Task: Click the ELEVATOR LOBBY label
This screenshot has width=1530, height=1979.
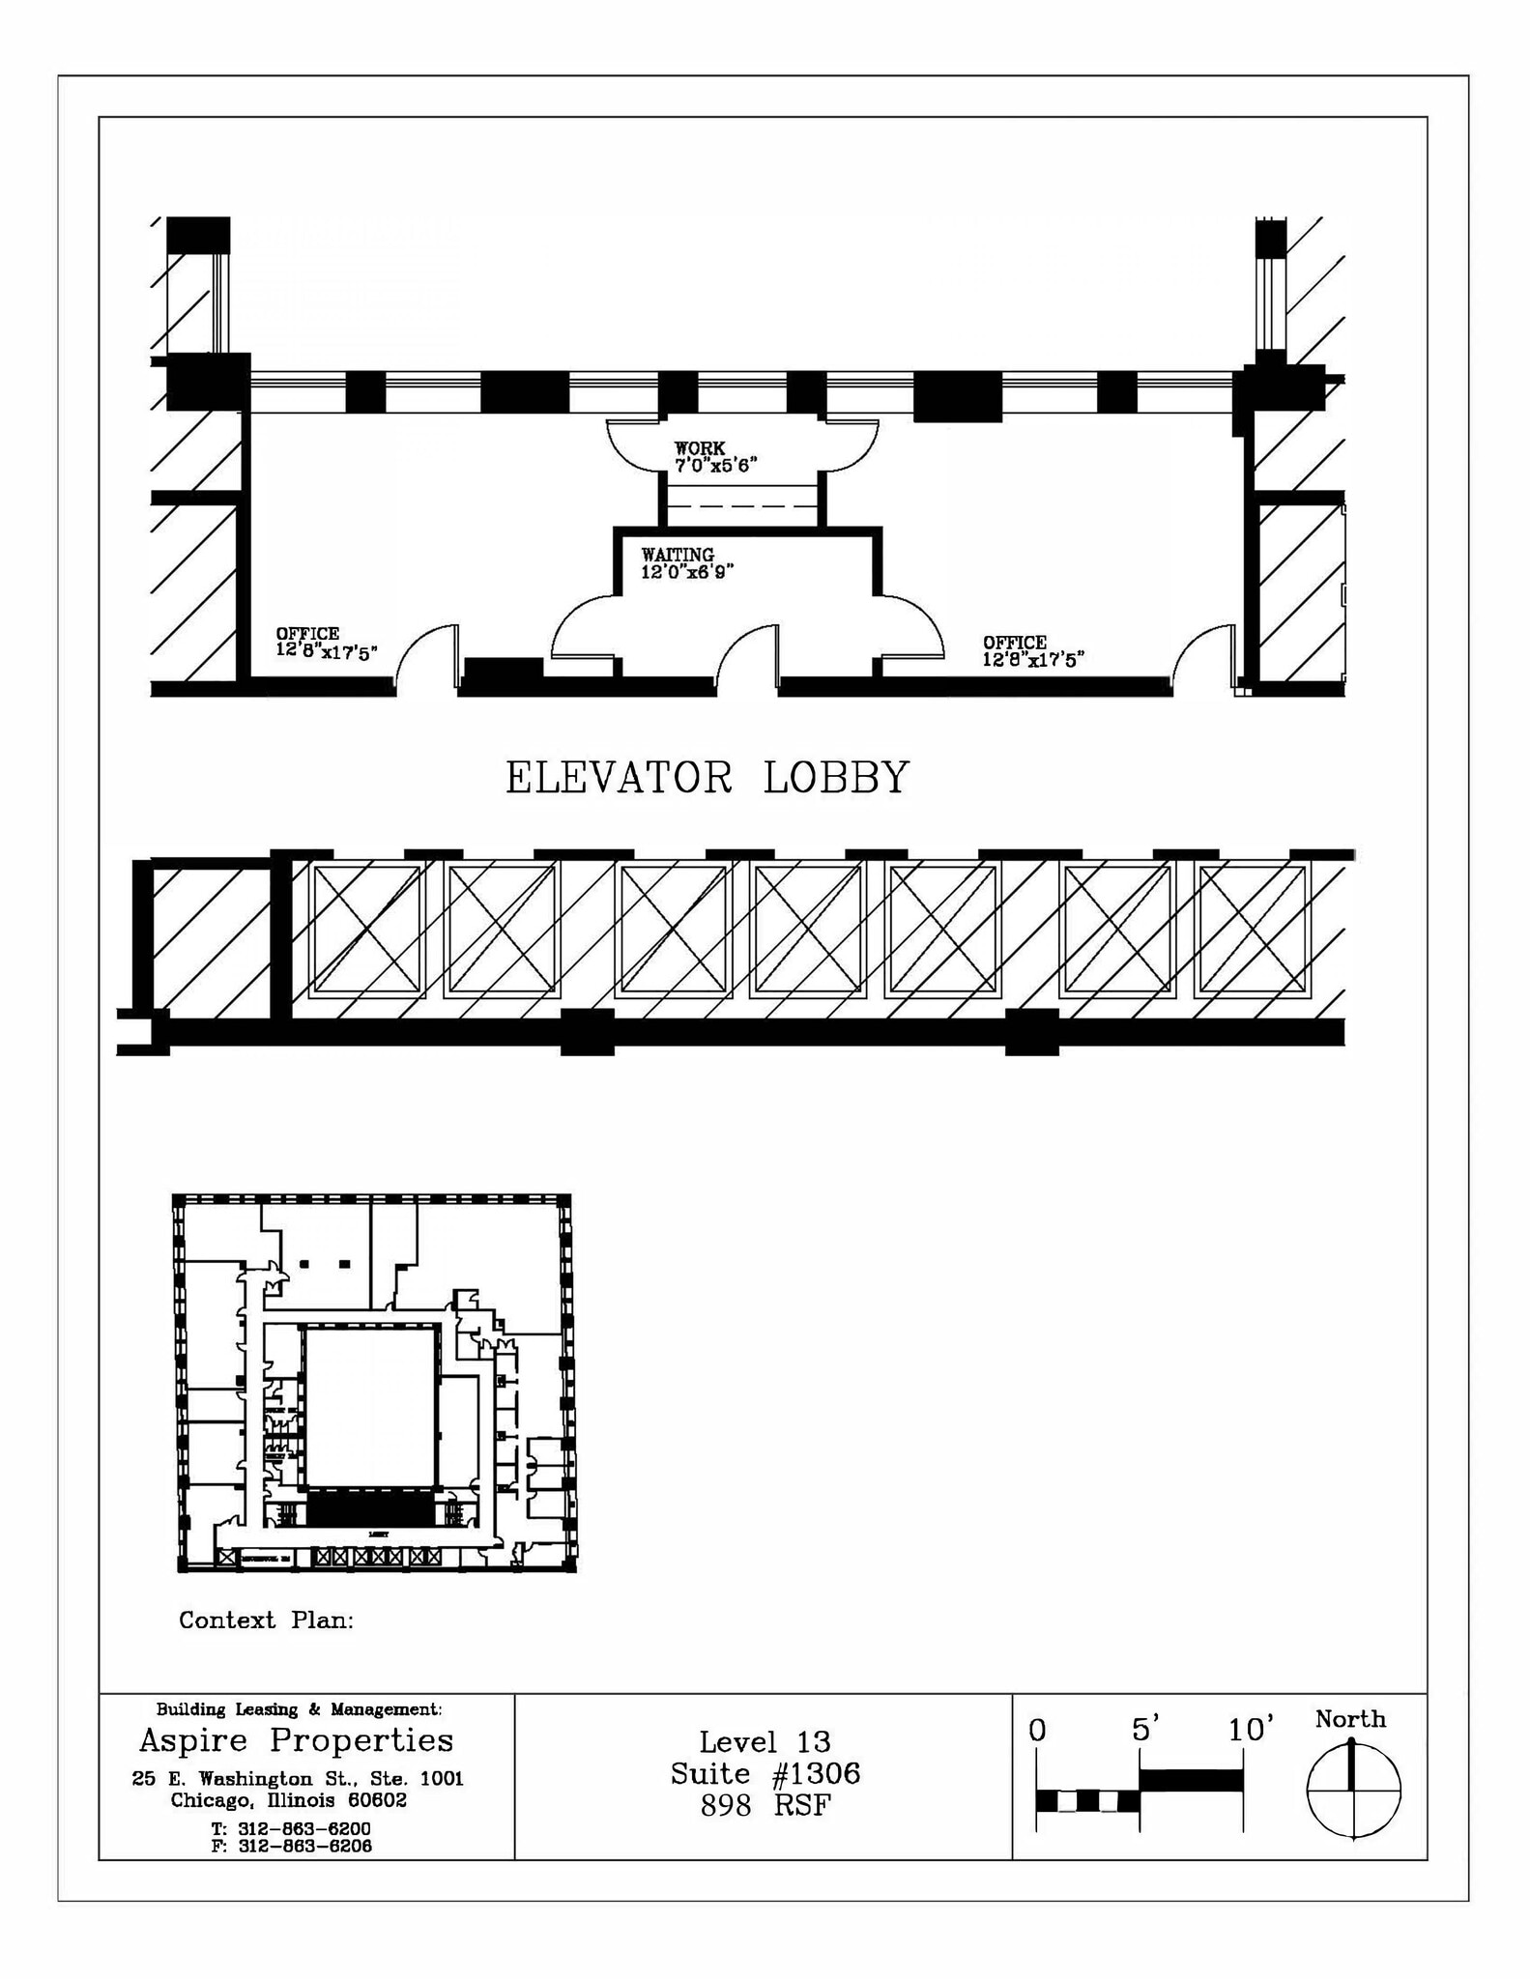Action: (x=707, y=778)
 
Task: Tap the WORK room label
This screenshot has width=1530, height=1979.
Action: (x=714, y=456)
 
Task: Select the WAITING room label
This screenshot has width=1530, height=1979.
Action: (x=686, y=562)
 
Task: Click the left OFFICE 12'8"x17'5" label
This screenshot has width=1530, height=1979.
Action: (x=326, y=642)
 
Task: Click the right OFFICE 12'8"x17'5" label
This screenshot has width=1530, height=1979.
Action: (x=1032, y=651)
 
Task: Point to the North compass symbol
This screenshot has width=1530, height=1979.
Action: (x=1353, y=1788)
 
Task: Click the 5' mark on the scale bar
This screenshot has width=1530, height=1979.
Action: (x=1144, y=1729)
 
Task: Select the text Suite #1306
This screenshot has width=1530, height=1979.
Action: (x=765, y=1773)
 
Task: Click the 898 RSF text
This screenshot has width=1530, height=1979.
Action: (x=765, y=1805)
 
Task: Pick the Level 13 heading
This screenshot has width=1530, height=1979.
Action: (x=765, y=1741)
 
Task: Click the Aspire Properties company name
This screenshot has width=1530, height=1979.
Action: (x=296, y=1740)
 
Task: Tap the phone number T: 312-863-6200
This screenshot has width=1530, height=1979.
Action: (x=290, y=1828)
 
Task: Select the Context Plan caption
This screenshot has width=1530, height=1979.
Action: (x=266, y=1620)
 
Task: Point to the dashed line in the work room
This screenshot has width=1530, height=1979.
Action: (x=741, y=505)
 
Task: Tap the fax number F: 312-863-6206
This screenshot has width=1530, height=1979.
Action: (x=290, y=1846)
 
